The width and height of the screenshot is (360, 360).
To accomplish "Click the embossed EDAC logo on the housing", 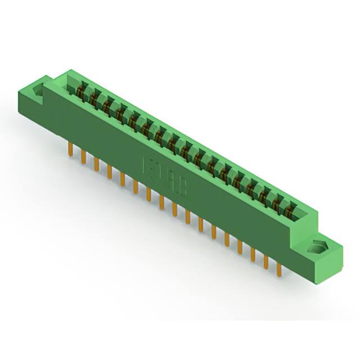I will (167, 178).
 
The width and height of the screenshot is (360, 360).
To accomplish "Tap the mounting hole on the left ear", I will (39, 91).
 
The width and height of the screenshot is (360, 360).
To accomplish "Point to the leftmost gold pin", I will (70, 150).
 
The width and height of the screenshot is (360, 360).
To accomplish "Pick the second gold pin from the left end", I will (83, 156).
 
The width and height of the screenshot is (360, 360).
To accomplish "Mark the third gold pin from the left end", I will (96, 164).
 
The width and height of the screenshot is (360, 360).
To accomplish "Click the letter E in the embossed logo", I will (149, 167).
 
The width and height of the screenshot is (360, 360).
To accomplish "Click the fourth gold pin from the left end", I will (109, 171).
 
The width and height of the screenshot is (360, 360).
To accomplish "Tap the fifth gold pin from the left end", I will (122, 178).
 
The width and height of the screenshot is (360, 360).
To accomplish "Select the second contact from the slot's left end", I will (93, 97).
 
